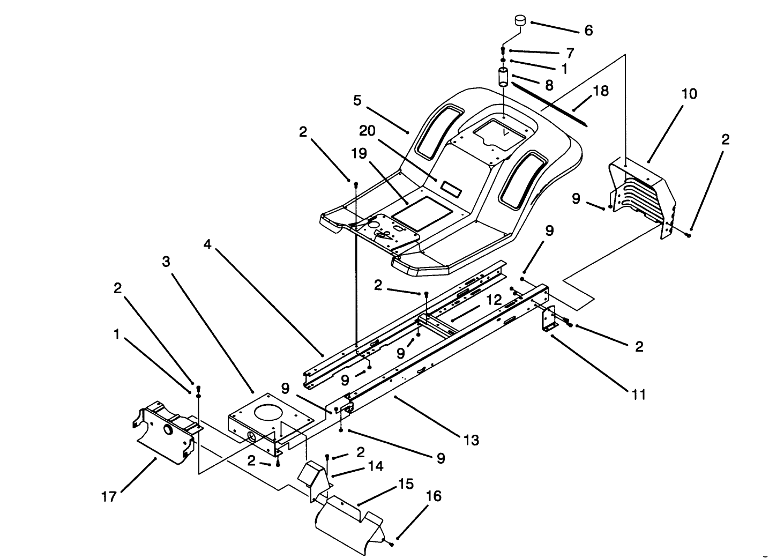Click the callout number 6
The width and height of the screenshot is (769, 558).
(588, 31)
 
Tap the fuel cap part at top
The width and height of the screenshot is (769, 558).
(519, 21)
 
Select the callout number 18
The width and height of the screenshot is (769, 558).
(601, 91)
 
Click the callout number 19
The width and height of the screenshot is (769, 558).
(359, 153)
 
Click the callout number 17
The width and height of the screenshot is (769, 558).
(109, 497)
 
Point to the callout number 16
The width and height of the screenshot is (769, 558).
(434, 496)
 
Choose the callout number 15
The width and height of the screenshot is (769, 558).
(406, 484)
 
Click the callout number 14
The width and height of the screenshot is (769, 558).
(376, 466)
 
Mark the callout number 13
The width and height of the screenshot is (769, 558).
(471, 441)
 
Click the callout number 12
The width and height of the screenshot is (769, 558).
(494, 300)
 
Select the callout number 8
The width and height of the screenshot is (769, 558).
(549, 85)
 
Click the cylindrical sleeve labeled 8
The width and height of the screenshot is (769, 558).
(504, 78)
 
